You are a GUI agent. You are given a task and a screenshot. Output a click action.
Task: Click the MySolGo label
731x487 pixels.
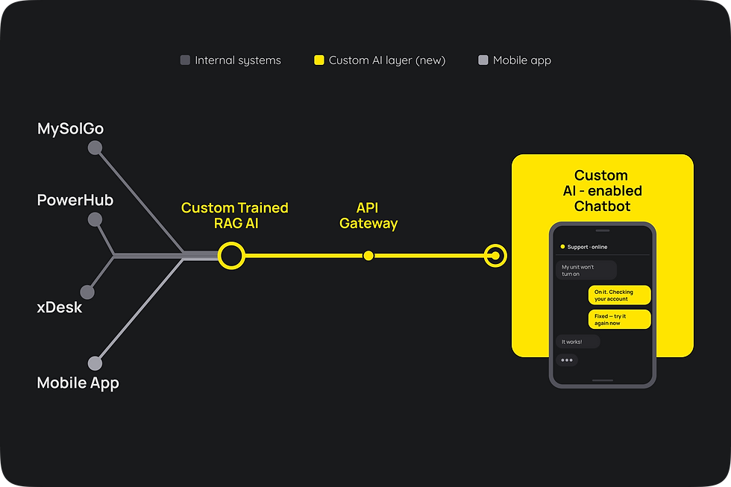point(70,129)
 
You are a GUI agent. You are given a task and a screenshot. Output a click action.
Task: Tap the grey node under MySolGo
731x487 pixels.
point(95,148)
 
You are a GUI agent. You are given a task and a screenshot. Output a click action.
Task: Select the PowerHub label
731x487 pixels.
point(75,200)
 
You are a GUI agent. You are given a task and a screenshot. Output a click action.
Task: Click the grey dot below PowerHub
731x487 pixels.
point(95,219)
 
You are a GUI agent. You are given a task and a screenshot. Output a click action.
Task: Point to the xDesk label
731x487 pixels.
point(60,307)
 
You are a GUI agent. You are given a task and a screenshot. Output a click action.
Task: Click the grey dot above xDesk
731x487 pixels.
point(87,292)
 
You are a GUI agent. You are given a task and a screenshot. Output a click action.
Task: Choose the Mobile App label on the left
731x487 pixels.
point(78,383)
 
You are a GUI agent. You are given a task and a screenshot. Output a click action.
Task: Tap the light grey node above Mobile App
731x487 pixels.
point(95,363)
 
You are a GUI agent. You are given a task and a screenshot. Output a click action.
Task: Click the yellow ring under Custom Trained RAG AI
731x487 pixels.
point(231,243)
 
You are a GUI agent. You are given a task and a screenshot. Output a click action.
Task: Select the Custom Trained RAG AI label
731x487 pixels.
point(235,216)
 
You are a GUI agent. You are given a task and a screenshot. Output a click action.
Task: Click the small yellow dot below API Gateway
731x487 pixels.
point(368,255)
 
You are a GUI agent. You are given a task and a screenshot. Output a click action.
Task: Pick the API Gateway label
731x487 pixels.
point(368,216)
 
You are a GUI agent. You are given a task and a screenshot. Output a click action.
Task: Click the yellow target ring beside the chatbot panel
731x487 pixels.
point(495,245)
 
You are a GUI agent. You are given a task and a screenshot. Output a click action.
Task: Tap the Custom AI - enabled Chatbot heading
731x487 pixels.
point(602,191)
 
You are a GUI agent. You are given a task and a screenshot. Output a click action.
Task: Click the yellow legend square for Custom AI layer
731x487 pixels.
point(319,60)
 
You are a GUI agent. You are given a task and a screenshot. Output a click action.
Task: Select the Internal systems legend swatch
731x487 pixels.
point(185,60)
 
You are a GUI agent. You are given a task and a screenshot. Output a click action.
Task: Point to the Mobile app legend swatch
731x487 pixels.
point(483,60)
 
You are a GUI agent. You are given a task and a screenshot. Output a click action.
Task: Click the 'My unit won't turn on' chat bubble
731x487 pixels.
point(586,270)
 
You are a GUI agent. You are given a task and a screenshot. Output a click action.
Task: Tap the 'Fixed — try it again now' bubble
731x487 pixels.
point(620,319)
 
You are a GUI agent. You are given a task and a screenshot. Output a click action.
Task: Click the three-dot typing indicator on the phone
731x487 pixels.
point(567,360)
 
